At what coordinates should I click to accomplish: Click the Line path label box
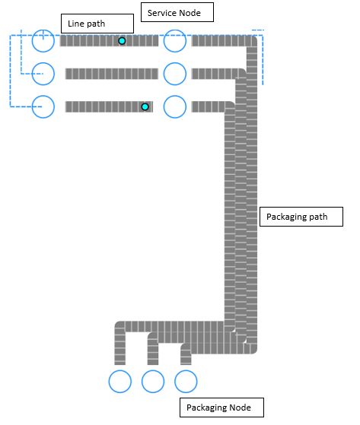tap(97, 23)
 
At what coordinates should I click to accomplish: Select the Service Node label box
tap(177, 12)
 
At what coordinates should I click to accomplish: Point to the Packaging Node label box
tap(221, 408)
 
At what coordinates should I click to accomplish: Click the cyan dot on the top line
tap(122, 40)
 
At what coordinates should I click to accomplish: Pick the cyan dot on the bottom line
tap(145, 106)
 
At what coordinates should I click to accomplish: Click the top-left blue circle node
tap(43, 40)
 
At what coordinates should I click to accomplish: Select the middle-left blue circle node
tap(43, 74)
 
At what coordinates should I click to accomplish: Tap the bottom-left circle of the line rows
tap(43, 106)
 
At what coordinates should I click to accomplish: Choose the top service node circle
tap(175, 40)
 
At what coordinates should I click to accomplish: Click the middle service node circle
tap(175, 74)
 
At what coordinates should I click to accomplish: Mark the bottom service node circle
tap(175, 106)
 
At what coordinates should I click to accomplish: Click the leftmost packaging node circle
tap(120, 381)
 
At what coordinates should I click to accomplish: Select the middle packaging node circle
tap(153, 381)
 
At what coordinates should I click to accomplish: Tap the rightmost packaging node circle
tap(186, 381)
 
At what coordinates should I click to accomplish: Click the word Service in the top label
tap(162, 12)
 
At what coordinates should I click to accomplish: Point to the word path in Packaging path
tap(317, 217)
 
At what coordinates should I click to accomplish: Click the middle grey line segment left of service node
tap(111, 74)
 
